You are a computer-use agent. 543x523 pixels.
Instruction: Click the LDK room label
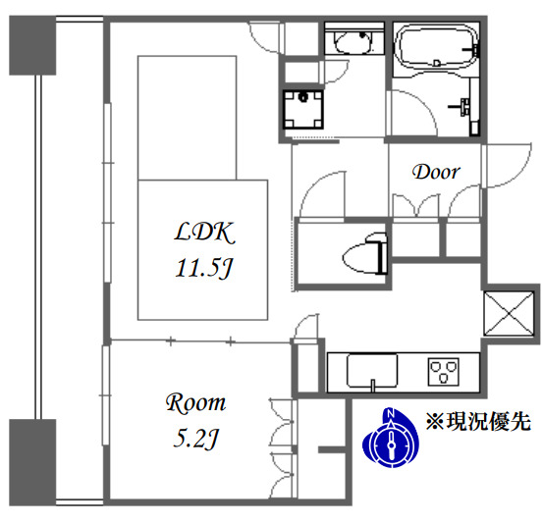(x=204, y=233)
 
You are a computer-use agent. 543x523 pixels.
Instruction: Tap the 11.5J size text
(x=204, y=268)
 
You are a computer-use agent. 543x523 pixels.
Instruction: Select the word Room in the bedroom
(x=195, y=403)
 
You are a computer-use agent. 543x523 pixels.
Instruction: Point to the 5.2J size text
(x=195, y=439)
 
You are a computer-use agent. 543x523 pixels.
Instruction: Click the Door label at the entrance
(x=436, y=172)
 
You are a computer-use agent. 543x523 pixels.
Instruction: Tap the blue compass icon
(x=391, y=438)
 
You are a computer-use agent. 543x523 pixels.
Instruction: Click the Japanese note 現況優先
(x=478, y=422)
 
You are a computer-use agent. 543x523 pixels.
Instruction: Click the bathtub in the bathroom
(x=437, y=45)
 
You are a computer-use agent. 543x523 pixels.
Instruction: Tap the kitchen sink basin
(x=372, y=371)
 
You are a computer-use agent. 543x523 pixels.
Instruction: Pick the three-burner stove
(x=443, y=372)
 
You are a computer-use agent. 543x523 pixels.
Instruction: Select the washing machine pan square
(x=303, y=109)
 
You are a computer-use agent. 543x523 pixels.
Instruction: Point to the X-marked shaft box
(x=509, y=314)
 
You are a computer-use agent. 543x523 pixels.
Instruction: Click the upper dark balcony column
(x=32, y=45)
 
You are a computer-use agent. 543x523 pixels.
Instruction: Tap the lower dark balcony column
(x=32, y=463)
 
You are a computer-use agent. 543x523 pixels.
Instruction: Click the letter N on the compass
(x=391, y=413)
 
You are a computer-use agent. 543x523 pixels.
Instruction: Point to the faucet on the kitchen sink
(x=372, y=385)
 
